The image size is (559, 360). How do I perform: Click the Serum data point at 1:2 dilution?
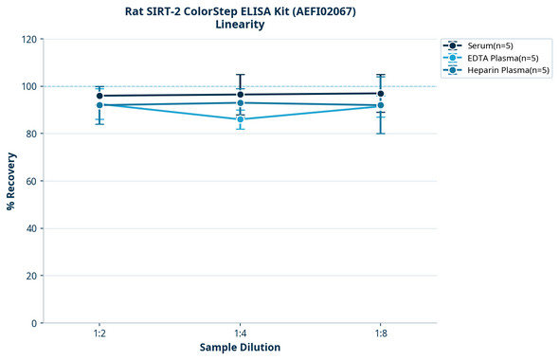pyautogui.click(x=99, y=96)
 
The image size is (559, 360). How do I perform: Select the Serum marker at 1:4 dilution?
pyautogui.click(x=241, y=95)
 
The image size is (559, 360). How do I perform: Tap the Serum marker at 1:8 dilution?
pyautogui.click(x=381, y=94)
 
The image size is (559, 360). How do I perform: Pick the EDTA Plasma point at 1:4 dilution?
pyautogui.click(x=241, y=119)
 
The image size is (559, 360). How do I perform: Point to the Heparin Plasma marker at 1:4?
pyautogui.click(x=241, y=103)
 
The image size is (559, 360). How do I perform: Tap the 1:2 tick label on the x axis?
pyautogui.click(x=99, y=333)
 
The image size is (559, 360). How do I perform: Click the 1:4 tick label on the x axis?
pyautogui.click(x=241, y=333)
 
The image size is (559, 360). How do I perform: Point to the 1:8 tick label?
pyautogui.click(x=381, y=333)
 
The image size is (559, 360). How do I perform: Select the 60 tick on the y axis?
pyautogui.click(x=31, y=181)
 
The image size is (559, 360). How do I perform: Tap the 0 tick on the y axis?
pyautogui.click(x=34, y=323)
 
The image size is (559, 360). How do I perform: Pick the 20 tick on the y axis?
pyautogui.click(x=31, y=276)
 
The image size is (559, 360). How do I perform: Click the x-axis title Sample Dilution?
pyautogui.click(x=240, y=348)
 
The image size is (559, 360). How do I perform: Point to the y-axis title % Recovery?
pyautogui.click(x=11, y=181)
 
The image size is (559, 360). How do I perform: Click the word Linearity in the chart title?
pyautogui.click(x=240, y=26)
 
